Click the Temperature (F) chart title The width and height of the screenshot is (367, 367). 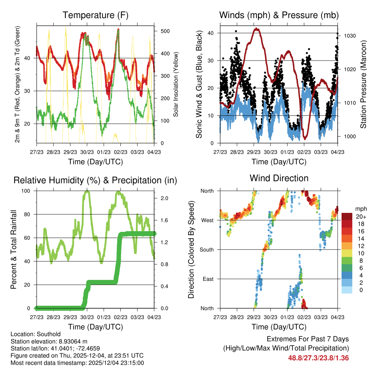(95, 15)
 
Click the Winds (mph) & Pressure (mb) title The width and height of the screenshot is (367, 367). (279, 15)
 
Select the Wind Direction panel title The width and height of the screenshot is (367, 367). (279, 178)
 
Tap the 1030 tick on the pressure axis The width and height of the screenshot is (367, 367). (346, 36)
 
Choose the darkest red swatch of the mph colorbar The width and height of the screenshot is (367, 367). (347, 216)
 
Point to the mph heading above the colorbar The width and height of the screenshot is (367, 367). (359, 209)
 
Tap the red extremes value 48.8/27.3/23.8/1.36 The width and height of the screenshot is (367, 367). (318, 358)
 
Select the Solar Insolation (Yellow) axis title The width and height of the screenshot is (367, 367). (176, 85)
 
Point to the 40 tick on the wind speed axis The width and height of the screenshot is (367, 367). (212, 33)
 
